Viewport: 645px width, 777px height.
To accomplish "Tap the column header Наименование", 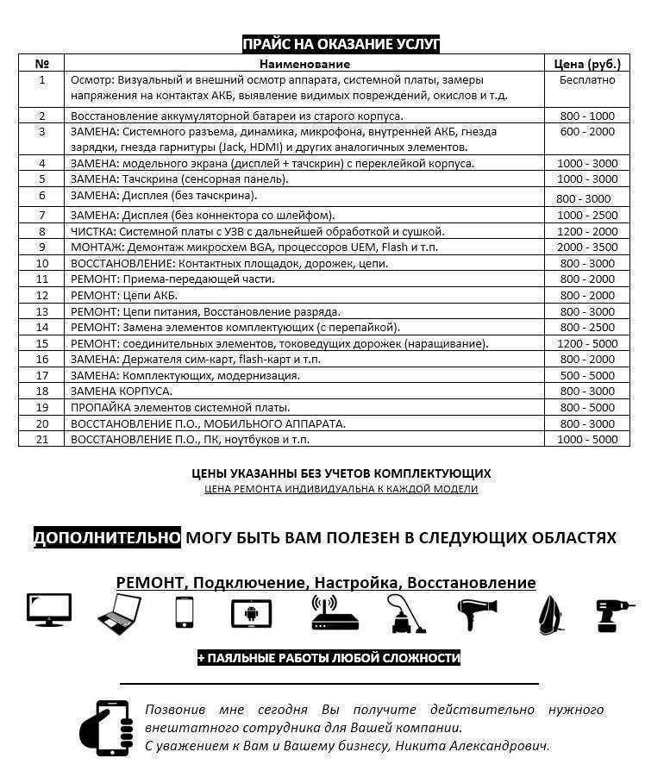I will pyautogui.click(x=304, y=64).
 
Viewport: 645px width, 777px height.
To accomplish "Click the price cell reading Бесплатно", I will pyautogui.click(x=587, y=79).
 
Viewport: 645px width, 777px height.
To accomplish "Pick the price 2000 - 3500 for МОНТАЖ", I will pyautogui.click(x=587, y=247).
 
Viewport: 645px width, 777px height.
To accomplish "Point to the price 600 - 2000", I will pyautogui.click(x=587, y=132).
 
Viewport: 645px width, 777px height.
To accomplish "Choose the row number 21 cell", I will pyautogui.click(x=41, y=439).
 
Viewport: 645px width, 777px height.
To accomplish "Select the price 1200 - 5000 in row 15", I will pyautogui.click(x=587, y=343).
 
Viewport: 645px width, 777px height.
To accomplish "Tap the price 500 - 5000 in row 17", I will pyautogui.click(x=587, y=375).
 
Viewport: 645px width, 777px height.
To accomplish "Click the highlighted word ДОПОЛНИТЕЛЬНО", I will pyautogui.click(x=107, y=538).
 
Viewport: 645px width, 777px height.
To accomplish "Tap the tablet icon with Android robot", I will pyautogui.click(x=251, y=613).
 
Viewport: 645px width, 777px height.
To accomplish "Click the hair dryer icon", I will pyautogui.click(x=477, y=612).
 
